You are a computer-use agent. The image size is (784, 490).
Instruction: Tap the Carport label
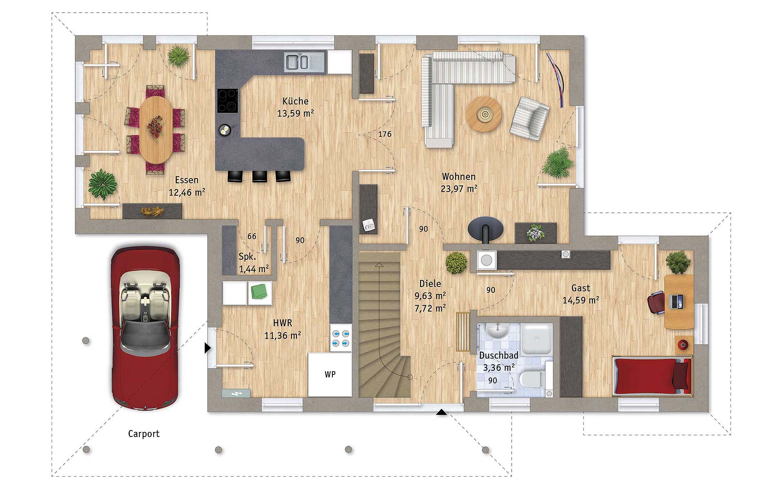144,434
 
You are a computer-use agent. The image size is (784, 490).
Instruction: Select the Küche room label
295,101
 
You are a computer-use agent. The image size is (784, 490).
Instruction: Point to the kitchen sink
305,62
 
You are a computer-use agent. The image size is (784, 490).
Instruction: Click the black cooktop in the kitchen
227,100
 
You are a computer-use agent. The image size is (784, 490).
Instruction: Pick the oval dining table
156,129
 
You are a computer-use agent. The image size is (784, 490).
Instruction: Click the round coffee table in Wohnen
484,114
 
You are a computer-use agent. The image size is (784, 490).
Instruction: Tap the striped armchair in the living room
529,118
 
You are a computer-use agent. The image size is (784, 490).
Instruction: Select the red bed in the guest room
652,376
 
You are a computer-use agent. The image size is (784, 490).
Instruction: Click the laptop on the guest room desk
678,301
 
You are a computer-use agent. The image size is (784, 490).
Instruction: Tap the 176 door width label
385,134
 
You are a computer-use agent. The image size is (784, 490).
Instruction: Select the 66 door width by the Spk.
252,236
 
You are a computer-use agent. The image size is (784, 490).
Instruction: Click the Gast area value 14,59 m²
581,301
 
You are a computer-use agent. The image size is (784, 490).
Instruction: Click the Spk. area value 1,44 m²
254,269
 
